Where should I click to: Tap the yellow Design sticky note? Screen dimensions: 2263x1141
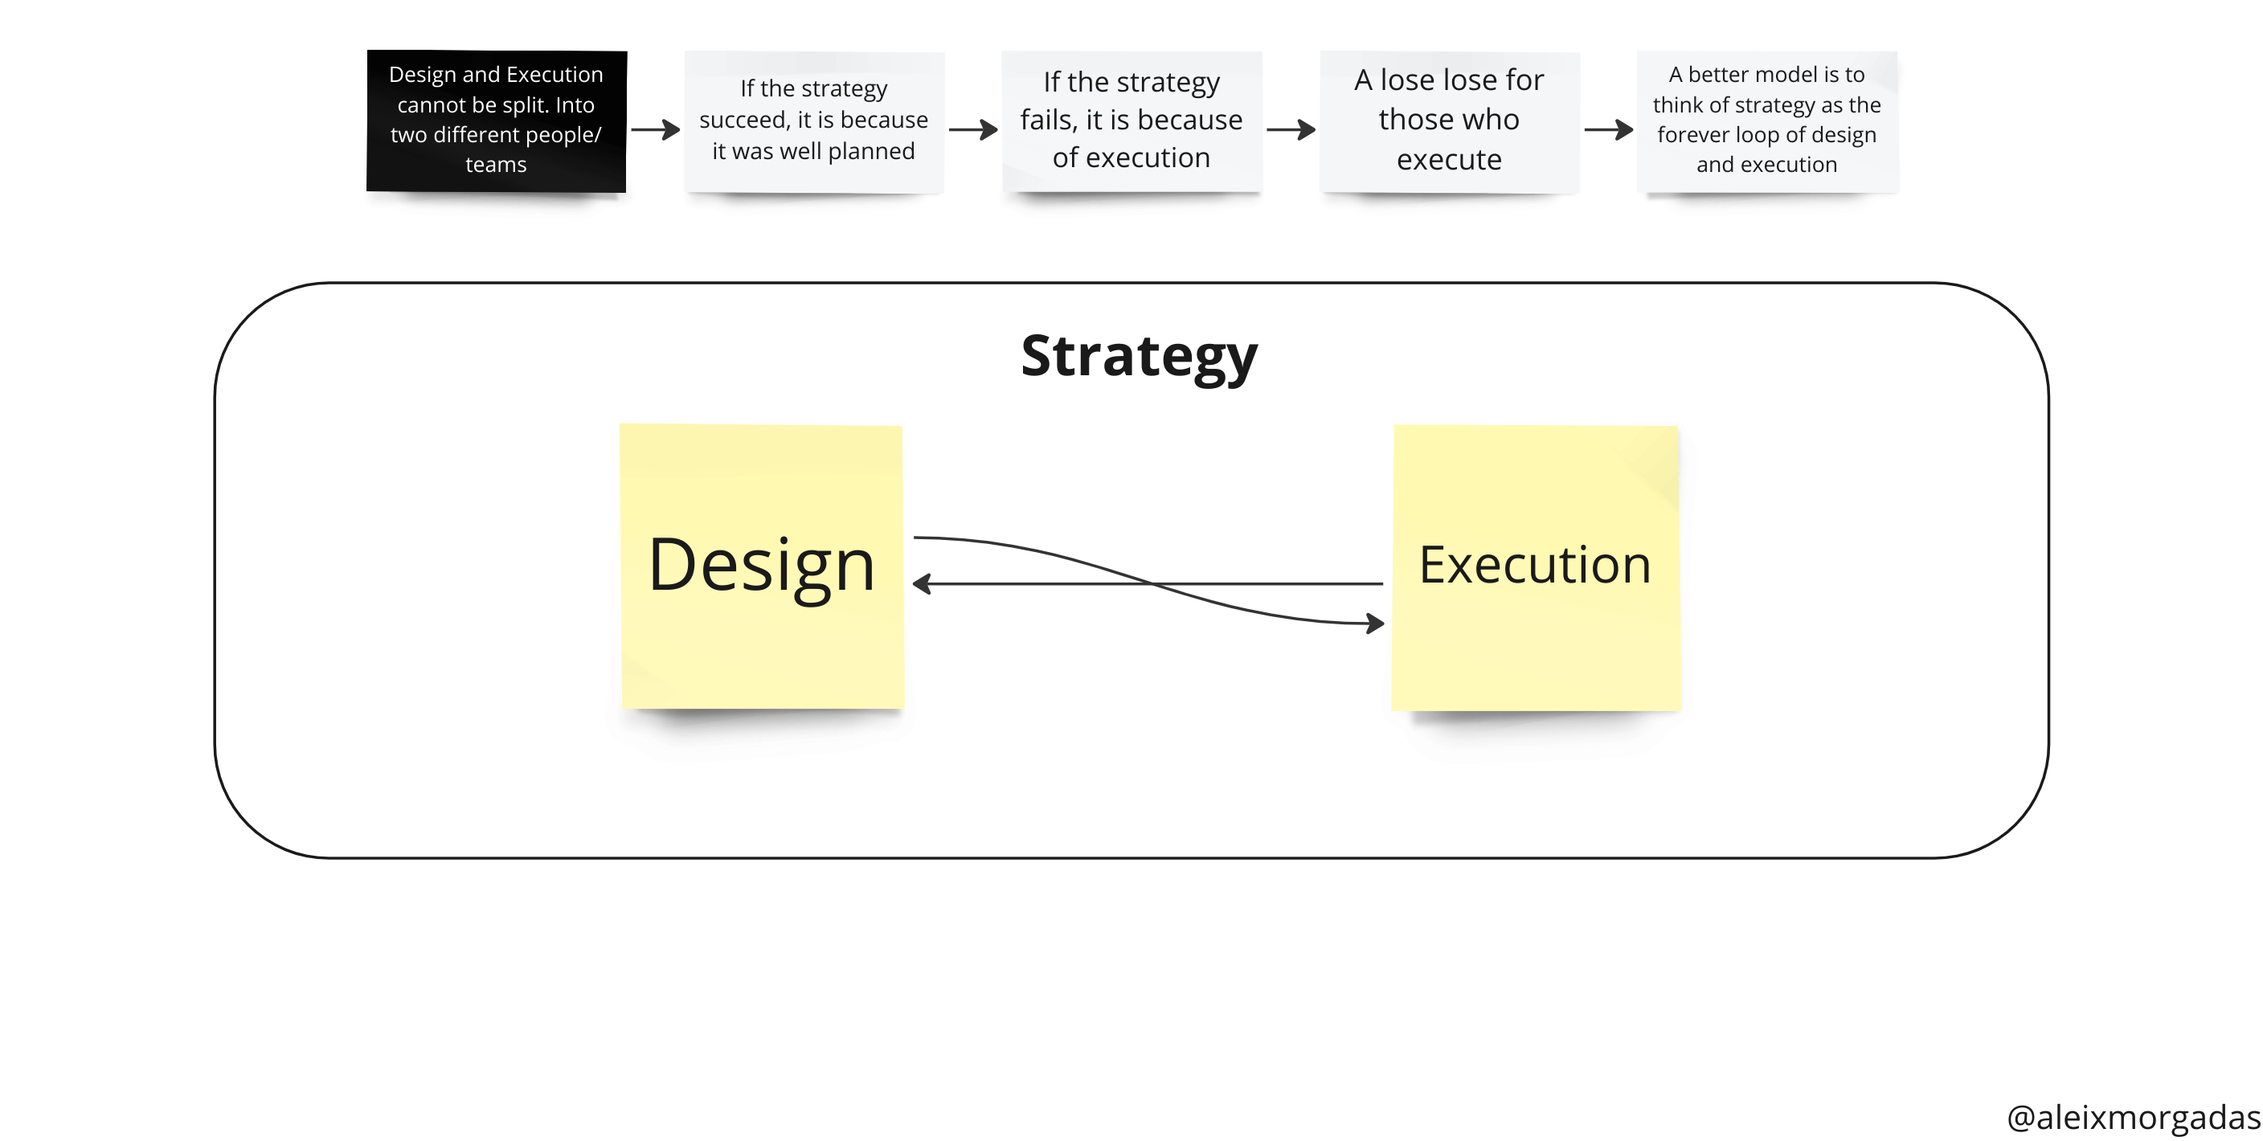pos(762,566)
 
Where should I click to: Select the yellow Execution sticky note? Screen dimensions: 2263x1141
pos(1537,567)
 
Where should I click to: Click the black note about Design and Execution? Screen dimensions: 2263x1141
pos(497,121)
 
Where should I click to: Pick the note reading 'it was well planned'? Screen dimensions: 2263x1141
pos(814,121)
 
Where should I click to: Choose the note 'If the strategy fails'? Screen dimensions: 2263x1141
pos(1131,121)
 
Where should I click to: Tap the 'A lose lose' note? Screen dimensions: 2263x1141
pos(1450,121)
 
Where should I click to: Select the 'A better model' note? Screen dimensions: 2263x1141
pos(1766,121)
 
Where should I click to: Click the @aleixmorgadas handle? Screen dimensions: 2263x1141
pos(2134,1116)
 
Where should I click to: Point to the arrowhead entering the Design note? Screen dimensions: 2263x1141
pos(921,583)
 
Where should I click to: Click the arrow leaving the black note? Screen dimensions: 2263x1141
pos(656,130)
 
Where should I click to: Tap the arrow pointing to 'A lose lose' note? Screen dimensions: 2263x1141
pos(1291,130)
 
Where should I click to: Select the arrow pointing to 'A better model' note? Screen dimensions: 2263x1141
pos(1609,130)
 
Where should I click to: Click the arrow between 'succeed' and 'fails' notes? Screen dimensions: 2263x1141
pos(973,130)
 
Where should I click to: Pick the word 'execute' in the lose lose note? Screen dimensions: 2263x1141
pos(1450,159)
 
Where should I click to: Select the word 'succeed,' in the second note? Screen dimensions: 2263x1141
pos(745,120)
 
